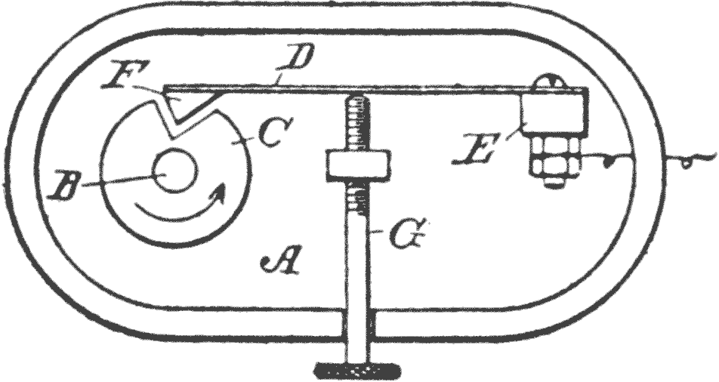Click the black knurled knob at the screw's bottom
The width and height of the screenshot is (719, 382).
point(358,368)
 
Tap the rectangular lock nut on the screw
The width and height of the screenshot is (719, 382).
point(358,164)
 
